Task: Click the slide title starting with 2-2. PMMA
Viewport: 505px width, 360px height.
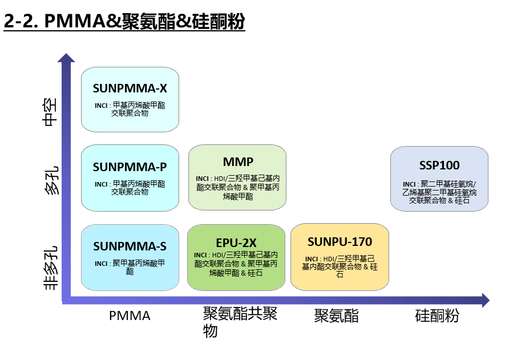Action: [124, 21]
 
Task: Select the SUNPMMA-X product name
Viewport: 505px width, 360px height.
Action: [130, 88]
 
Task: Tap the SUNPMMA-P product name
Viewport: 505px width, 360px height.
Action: [130, 167]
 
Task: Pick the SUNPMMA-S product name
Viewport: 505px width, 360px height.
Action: [130, 246]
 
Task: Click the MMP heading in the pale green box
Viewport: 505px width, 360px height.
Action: [238, 161]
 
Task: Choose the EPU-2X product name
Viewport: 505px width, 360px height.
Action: [236, 242]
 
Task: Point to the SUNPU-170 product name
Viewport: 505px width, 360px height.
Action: [340, 242]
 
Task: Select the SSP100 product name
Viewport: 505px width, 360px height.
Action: [439, 165]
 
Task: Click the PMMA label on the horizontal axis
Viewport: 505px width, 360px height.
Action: [130, 316]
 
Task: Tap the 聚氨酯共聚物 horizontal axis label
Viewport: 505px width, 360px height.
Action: [240, 322]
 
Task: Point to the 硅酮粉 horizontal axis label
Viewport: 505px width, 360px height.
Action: [437, 315]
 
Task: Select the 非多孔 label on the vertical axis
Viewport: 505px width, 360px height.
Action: [51, 268]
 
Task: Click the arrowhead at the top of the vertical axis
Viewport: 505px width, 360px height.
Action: [66, 58]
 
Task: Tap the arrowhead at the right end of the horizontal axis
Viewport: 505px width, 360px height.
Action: [486, 300]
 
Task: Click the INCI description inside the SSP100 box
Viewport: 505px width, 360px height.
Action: [439, 192]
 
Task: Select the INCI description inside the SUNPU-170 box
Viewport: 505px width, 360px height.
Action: [340, 266]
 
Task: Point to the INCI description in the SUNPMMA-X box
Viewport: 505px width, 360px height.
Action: [130, 109]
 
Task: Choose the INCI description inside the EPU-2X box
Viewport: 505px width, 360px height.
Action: [236, 264]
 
